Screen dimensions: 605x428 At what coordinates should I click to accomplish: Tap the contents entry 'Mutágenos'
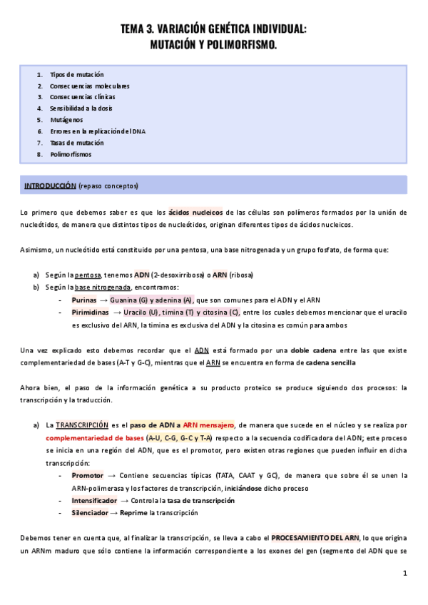(66, 120)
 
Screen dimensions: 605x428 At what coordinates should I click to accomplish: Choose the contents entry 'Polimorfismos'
(71, 154)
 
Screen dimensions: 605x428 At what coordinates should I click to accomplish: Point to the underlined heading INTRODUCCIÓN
(50, 186)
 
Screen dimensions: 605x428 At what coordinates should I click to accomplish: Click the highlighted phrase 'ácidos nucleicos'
(195, 212)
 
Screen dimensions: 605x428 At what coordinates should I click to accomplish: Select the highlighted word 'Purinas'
(84, 300)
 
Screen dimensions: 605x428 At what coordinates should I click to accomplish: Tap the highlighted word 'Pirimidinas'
(90, 312)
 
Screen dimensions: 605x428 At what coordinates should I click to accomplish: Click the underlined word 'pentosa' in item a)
(88, 275)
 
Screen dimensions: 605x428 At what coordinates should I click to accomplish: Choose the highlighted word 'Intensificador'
(95, 501)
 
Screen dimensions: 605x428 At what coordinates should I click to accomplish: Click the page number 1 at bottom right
(404, 573)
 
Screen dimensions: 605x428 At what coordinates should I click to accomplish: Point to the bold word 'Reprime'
(134, 512)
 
